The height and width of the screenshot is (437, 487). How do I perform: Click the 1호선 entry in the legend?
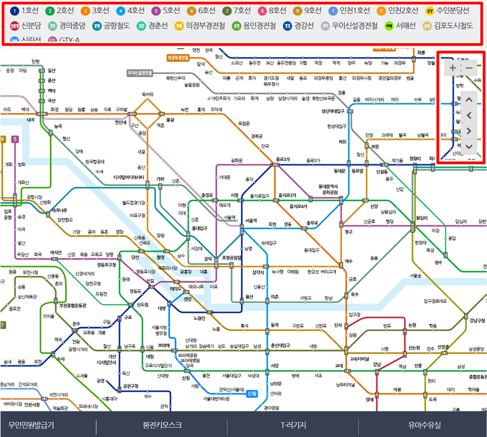[x=24, y=10]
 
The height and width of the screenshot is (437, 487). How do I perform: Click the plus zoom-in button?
[x=453, y=68]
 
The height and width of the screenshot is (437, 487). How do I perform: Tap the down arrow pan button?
[x=469, y=146]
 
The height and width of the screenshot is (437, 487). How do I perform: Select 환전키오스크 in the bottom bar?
[x=162, y=425]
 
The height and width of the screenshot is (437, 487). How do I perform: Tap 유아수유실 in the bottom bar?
[x=424, y=425]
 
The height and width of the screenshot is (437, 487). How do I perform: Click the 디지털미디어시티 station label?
[x=129, y=177]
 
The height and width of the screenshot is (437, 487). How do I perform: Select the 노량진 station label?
[x=199, y=318]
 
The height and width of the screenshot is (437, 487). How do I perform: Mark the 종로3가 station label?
[x=281, y=160]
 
